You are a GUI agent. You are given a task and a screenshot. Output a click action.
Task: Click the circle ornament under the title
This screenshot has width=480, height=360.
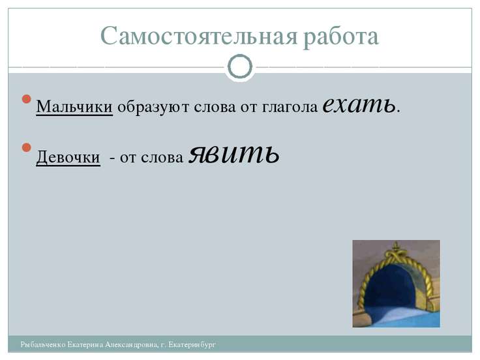[x=240, y=66]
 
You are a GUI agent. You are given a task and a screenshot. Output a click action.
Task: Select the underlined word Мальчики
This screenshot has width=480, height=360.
[x=74, y=106]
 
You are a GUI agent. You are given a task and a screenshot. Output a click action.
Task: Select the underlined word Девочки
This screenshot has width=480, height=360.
[x=68, y=157]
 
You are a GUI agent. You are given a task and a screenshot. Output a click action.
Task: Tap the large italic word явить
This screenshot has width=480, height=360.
[x=233, y=153]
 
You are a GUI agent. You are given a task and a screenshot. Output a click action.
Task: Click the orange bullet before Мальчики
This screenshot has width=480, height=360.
[x=26, y=99]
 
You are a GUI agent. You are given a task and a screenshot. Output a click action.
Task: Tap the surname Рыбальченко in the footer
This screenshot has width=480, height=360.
[x=43, y=344]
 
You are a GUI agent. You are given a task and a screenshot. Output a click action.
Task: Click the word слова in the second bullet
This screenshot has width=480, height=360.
[x=166, y=158]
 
